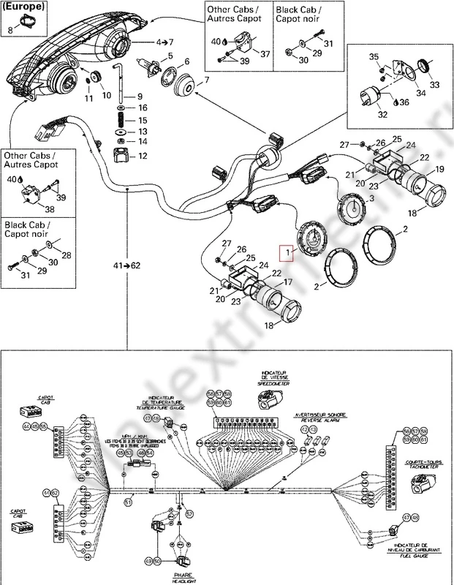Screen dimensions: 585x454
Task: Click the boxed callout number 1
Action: [x=288, y=253]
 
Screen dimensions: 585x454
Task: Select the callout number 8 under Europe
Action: [x=10, y=30]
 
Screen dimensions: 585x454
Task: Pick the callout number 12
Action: [x=143, y=156]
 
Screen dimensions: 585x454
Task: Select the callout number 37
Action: [x=265, y=53]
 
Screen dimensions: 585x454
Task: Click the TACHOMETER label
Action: [x=420, y=467]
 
